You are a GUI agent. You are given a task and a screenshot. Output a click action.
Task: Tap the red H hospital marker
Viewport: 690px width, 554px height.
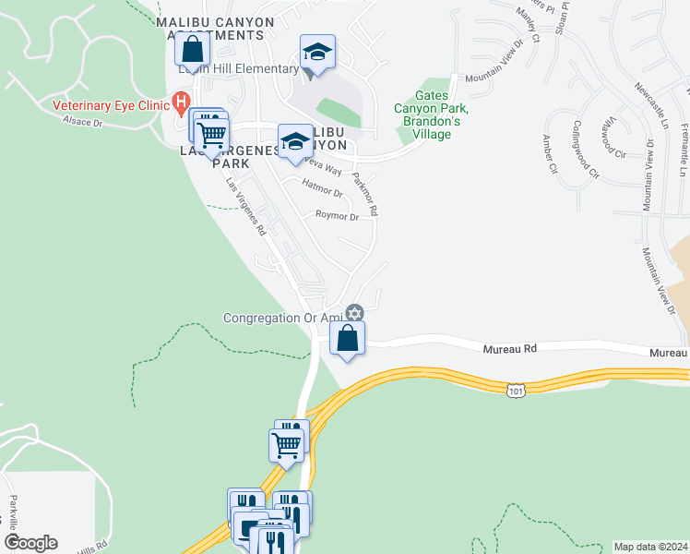[x=182, y=102]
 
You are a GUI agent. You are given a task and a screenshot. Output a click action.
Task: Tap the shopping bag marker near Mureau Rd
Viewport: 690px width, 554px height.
[x=347, y=340]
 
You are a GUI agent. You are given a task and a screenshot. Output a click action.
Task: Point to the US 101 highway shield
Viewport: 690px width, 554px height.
[x=517, y=392]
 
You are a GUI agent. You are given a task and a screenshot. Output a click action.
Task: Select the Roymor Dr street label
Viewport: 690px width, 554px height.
[x=337, y=217]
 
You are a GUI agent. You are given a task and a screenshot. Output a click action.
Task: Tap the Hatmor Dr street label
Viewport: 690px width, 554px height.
[x=322, y=193]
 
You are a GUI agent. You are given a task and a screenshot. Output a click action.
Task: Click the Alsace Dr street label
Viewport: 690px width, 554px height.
[x=83, y=121]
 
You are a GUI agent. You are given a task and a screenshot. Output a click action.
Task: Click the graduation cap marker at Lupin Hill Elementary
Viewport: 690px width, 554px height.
[x=317, y=54]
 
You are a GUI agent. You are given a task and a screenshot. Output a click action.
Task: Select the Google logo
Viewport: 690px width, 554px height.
[x=30, y=543]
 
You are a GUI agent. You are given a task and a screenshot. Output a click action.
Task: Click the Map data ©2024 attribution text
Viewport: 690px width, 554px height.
[x=650, y=547]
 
